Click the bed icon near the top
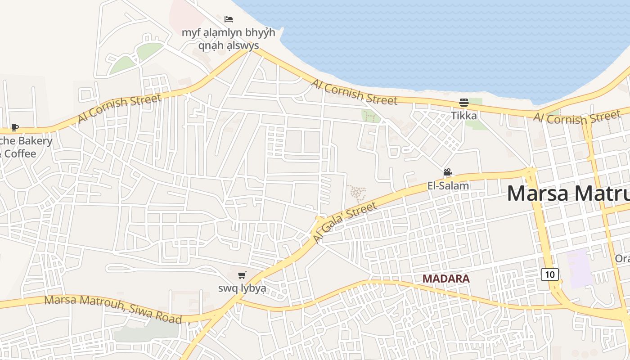click(x=229, y=19)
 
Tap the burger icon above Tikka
click(x=464, y=103)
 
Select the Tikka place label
click(x=464, y=116)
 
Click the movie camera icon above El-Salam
click(x=448, y=172)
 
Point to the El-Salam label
click(x=448, y=185)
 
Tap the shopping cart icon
click(x=242, y=275)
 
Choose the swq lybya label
click(x=242, y=288)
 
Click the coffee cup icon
click(x=15, y=127)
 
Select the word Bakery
click(x=36, y=141)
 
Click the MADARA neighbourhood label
click(x=446, y=279)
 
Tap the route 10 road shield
click(x=550, y=274)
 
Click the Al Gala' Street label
click(x=345, y=222)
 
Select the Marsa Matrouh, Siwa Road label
click(x=112, y=309)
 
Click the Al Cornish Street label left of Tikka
click(x=355, y=92)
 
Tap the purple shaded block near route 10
click(x=580, y=268)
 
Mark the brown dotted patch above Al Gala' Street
click(x=357, y=193)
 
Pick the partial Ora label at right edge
click(x=622, y=259)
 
